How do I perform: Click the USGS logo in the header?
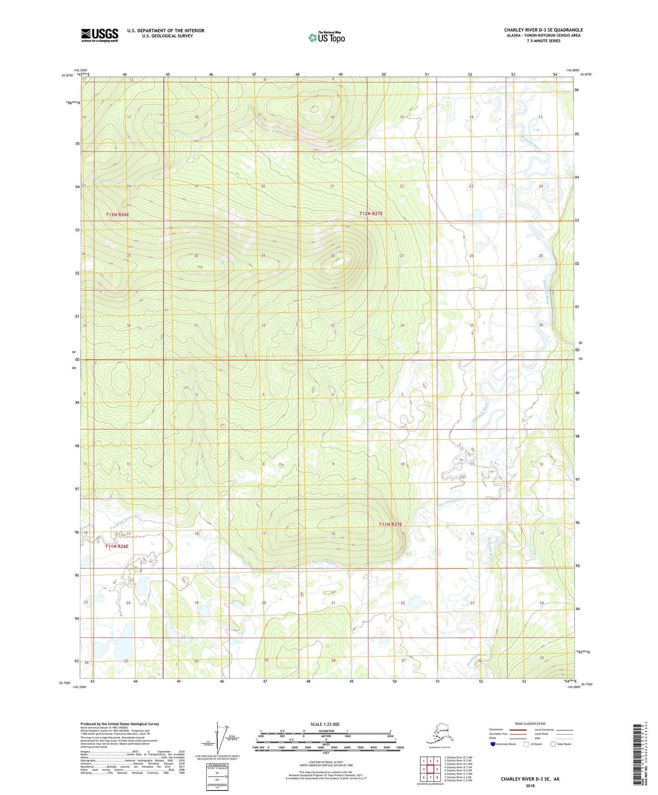click(99, 35)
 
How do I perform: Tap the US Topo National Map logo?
click(326, 37)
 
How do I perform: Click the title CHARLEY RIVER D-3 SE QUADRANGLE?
click(543, 30)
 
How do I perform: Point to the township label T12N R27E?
click(371, 214)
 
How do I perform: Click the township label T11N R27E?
click(391, 525)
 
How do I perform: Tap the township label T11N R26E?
click(117, 546)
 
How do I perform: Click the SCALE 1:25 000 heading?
click(325, 724)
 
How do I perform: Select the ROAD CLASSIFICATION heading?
click(530, 724)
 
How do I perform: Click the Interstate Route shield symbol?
click(493, 744)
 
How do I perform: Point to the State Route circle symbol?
click(553, 744)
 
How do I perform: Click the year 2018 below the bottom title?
click(530, 785)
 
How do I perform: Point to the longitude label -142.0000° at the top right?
click(573, 70)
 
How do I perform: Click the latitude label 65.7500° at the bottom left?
click(66, 683)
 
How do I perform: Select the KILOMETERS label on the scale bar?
click(325, 731)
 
